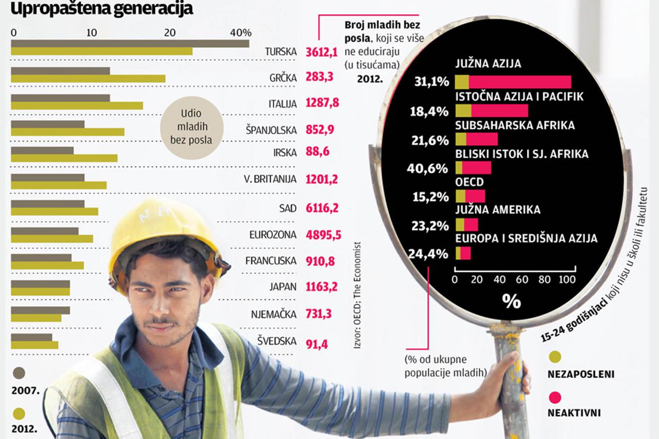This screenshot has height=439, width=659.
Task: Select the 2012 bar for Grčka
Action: point(88,78)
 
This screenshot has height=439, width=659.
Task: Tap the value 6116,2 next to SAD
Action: point(322,208)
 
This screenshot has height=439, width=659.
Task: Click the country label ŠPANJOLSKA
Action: point(271,130)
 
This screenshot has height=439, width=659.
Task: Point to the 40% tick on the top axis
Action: point(240,32)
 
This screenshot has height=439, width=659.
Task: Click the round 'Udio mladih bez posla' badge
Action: point(192,127)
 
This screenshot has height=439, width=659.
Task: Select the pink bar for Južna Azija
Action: point(520,82)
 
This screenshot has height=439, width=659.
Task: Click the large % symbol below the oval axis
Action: point(511,301)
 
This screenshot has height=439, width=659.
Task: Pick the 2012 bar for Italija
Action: point(77,105)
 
